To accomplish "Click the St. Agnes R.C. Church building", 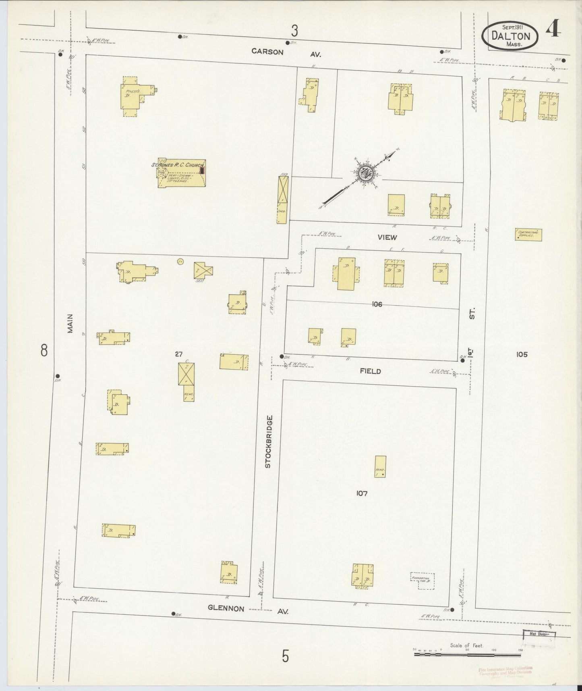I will [182, 174].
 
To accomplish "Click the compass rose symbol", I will [366, 173].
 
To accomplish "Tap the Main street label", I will [71, 323].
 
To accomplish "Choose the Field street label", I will [371, 371].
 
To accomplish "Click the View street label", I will [387, 237].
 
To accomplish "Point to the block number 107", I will [362, 493].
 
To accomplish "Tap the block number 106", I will [377, 304].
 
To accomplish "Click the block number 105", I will [521, 354].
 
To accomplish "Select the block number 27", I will [179, 354].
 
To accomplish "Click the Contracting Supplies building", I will [528, 234].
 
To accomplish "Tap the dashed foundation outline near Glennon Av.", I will [422, 581].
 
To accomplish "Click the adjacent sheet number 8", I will [44, 350].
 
